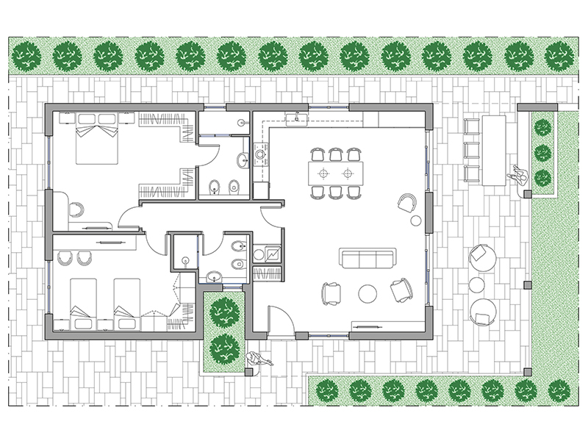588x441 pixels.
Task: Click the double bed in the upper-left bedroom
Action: (x=96, y=142)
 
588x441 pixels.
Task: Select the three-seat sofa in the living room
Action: (x=367, y=259)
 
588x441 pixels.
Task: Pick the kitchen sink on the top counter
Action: (x=299, y=119)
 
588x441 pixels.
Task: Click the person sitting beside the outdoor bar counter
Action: (x=519, y=176)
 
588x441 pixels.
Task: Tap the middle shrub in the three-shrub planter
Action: (x=542, y=153)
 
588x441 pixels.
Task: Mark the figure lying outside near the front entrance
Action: (x=258, y=359)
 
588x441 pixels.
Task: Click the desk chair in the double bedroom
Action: (x=76, y=209)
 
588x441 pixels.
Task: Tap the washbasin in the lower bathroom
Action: (x=212, y=276)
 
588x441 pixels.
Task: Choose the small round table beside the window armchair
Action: (x=416, y=219)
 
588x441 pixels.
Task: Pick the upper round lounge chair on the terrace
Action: (x=483, y=255)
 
